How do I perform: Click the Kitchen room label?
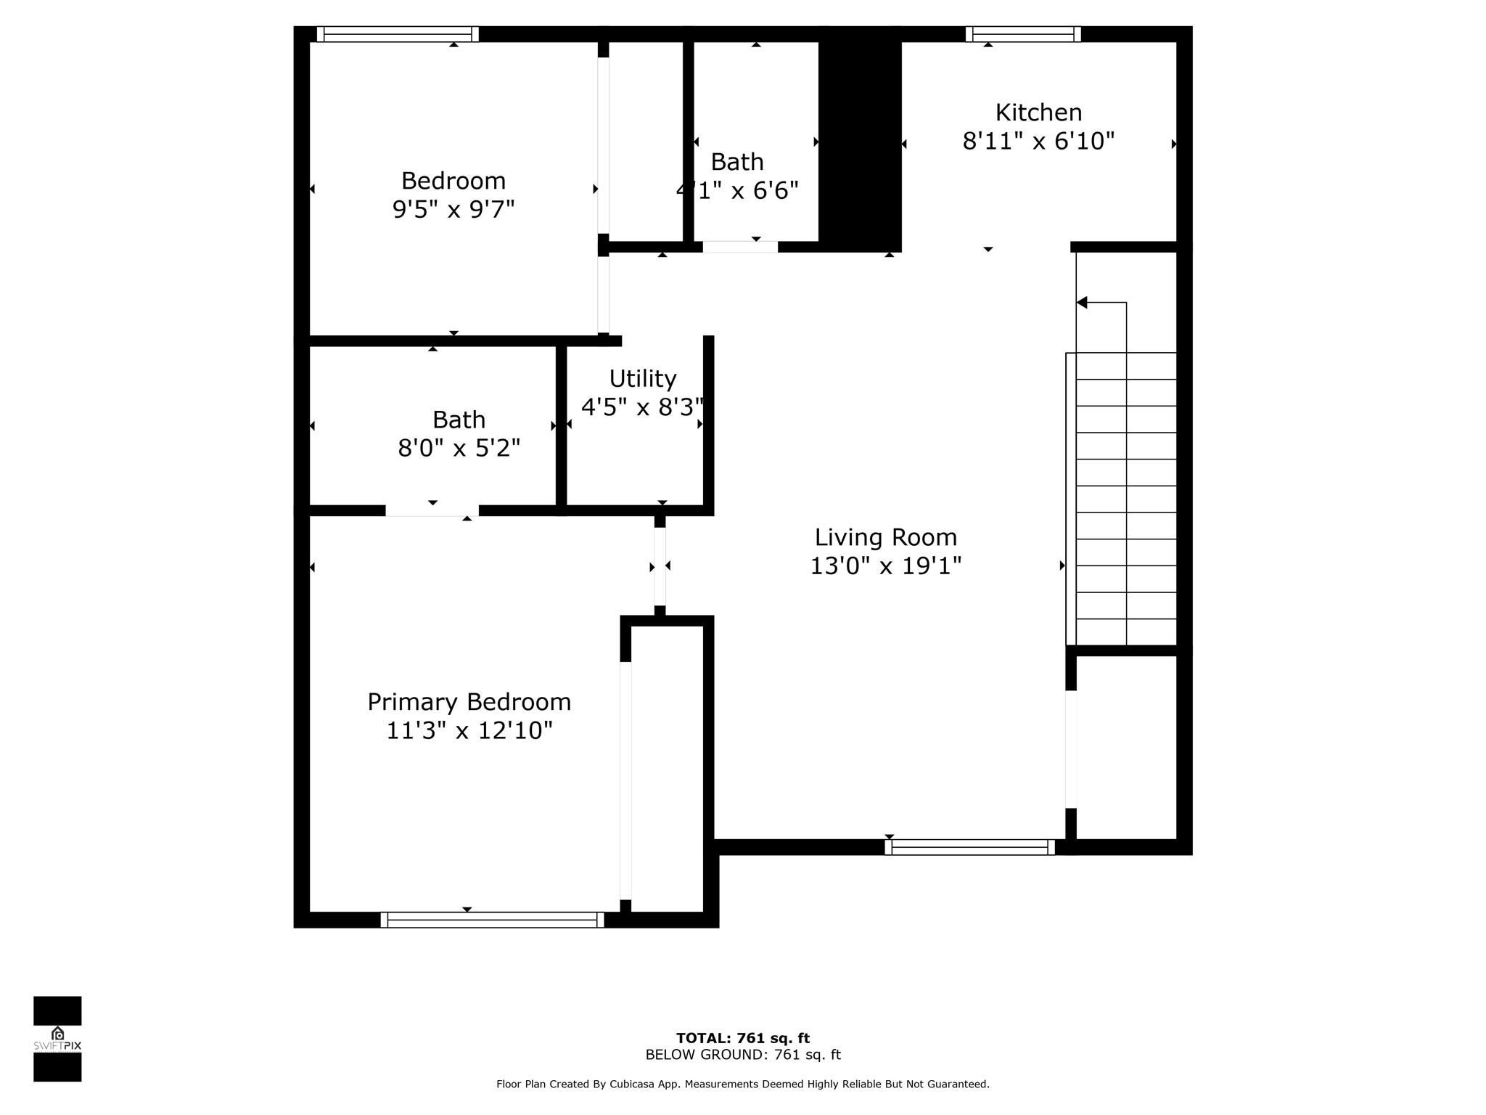coord(1038,113)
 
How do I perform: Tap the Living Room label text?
coord(886,537)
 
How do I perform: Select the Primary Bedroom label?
coord(469,702)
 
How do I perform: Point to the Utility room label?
coord(643,379)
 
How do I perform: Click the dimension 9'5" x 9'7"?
coord(453,209)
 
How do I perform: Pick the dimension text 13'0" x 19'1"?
coord(886,565)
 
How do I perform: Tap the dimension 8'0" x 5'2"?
coord(459,448)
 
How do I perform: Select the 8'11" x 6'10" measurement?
coord(1038,141)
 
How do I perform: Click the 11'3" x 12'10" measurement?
coord(469,730)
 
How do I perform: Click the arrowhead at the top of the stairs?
coord(1082,302)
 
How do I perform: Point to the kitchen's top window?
coord(1023,34)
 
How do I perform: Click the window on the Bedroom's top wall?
coord(398,34)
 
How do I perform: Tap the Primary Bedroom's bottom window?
coord(492,920)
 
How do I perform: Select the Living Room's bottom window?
coord(970,847)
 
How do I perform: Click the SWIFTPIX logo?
coord(57,1039)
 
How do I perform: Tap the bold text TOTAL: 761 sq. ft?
coord(743,1038)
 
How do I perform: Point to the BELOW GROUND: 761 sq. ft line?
coord(743,1055)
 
